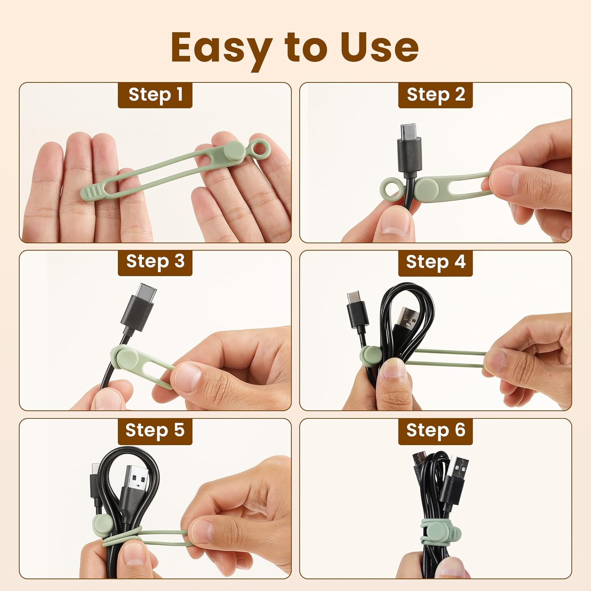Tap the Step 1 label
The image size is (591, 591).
point(155,95)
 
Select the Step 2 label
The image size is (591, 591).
point(435,95)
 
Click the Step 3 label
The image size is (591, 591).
point(155,262)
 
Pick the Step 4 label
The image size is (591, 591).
point(435,262)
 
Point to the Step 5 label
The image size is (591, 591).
point(155,430)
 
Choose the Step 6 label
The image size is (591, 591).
point(435,430)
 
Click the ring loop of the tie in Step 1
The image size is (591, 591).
point(259,149)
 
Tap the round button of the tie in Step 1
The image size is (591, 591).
point(235,152)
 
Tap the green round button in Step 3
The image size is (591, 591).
point(127,358)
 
